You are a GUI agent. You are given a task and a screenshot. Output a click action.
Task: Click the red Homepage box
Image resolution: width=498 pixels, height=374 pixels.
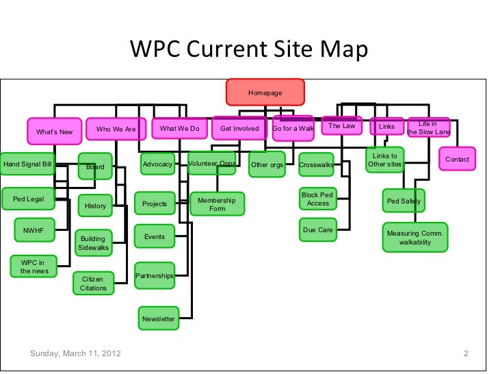point(265,92)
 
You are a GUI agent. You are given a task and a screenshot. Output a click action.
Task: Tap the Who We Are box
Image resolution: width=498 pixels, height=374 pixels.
point(116,129)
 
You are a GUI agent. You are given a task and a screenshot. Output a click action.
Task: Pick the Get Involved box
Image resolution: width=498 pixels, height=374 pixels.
point(239,128)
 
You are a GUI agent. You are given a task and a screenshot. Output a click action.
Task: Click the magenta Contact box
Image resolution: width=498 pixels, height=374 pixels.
point(457,160)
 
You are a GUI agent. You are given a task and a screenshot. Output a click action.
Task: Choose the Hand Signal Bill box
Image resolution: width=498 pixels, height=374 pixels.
point(28,164)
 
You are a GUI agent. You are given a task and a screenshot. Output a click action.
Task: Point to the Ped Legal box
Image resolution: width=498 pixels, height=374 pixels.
point(28,199)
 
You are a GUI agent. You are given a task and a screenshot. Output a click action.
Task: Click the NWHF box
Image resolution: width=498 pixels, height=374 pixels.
point(33,232)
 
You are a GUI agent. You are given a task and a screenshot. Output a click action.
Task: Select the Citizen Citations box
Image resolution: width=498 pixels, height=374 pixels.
point(93,284)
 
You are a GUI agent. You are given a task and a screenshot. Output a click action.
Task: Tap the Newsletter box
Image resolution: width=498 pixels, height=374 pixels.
point(158,319)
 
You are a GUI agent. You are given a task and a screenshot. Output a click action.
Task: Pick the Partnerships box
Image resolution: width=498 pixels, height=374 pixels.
point(154,275)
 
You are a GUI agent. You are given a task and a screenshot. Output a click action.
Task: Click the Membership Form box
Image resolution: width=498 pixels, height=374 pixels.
point(217,204)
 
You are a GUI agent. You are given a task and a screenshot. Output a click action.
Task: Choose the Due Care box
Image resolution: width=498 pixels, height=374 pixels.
point(317,230)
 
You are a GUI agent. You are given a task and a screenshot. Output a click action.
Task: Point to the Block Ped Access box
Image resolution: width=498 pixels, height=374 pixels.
point(317,199)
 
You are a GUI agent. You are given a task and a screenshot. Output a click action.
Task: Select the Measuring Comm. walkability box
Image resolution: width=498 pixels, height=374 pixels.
point(415,238)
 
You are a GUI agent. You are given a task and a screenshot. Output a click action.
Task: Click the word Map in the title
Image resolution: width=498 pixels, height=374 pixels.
point(345,51)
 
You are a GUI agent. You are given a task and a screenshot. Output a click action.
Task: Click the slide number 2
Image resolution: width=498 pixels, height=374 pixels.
point(465,354)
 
